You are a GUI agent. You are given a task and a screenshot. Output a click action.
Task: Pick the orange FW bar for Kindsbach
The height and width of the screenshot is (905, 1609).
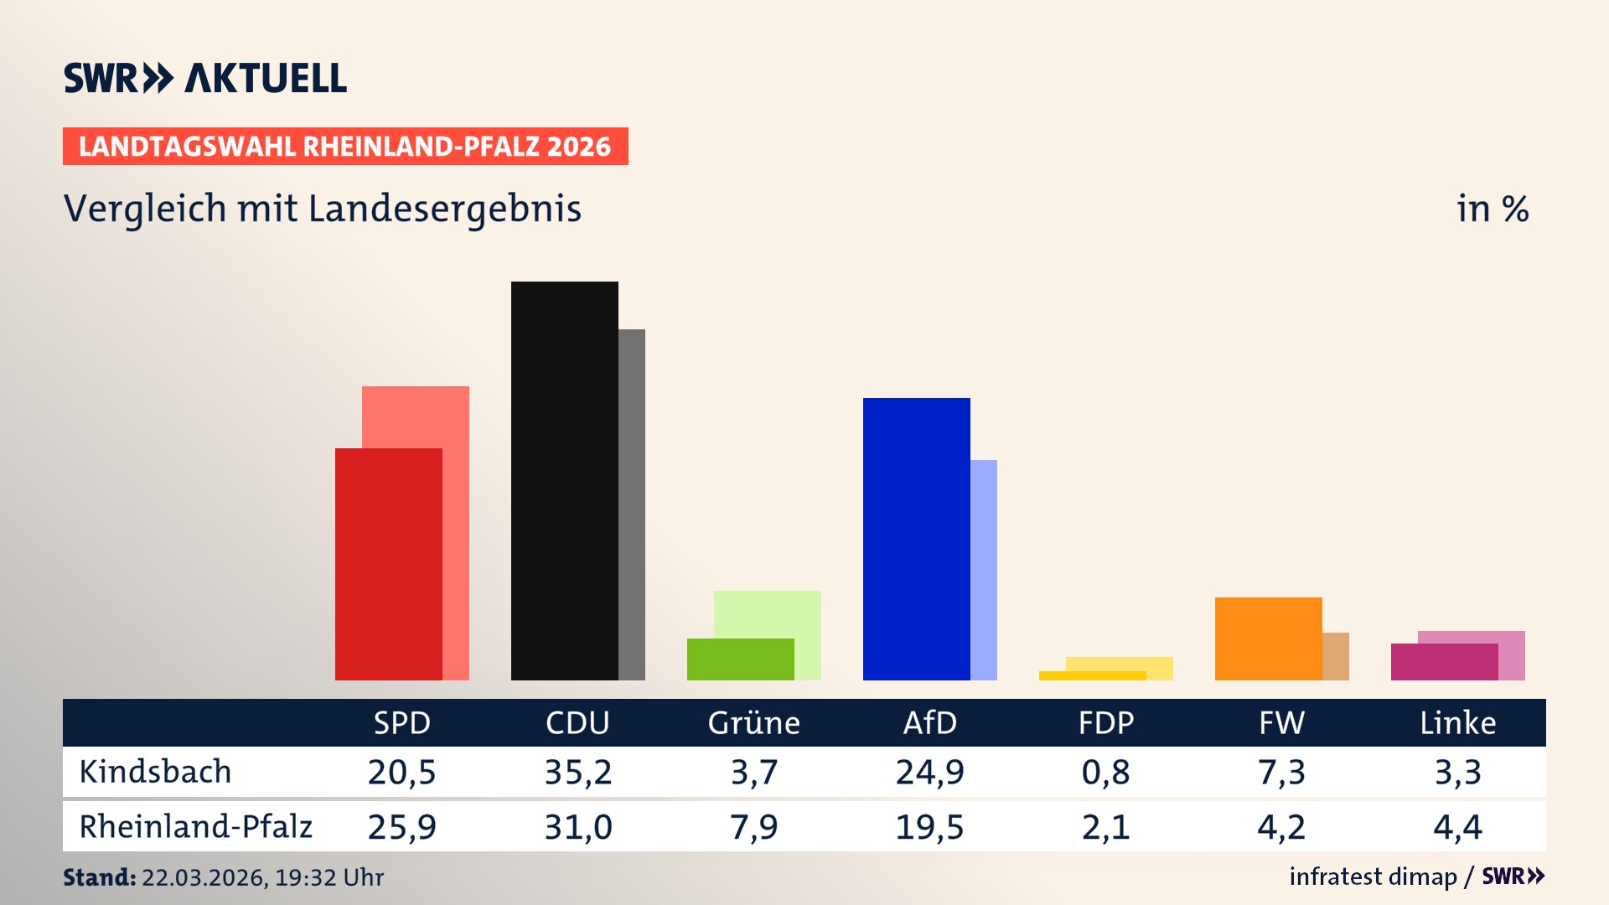(1268, 639)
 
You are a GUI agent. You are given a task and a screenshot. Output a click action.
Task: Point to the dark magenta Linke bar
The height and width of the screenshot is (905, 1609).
(1444, 662)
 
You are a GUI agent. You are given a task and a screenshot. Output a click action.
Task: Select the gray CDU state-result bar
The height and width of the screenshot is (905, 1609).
(632, 503)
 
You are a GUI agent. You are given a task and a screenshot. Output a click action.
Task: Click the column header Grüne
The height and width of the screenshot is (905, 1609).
(753, 722)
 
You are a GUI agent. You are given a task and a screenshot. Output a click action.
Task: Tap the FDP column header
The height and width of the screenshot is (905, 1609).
(1105, 722)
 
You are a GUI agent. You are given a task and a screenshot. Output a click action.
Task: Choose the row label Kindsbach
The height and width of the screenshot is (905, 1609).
(155, 772)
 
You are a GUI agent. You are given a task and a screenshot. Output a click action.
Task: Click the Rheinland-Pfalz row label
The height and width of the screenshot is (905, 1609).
(195, 826)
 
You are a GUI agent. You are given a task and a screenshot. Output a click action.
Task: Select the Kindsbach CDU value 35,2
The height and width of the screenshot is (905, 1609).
(577, 772)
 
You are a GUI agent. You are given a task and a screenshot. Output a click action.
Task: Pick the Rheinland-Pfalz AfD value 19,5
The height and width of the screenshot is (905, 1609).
(929, 827)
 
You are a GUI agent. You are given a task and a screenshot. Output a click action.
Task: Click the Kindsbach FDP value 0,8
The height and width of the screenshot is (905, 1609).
(1105, 772)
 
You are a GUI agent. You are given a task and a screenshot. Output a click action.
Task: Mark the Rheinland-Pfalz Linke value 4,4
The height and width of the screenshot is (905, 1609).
(1457, 827)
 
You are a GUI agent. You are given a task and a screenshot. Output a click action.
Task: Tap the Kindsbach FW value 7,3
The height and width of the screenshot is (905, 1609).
(1281, 772)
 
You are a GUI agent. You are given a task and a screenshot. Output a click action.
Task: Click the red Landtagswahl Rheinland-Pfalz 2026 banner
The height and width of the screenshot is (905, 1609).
(345, 147)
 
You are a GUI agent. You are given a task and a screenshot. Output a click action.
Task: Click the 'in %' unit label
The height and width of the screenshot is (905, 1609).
(1492, 209)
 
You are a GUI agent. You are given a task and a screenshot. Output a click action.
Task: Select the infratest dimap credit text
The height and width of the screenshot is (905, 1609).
(1373, 877)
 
